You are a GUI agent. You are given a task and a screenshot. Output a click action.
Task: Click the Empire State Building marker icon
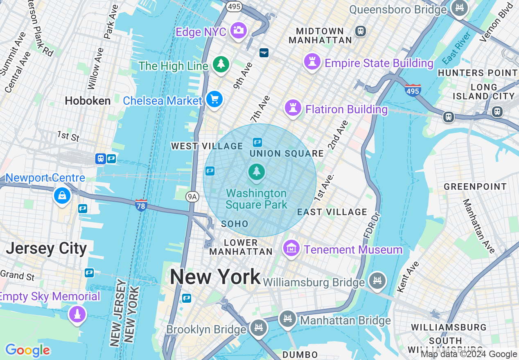pyautogui.click(x=312, y=62)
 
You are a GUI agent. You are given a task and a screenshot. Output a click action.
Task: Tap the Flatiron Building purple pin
pyautogui.click(x=293, y=108)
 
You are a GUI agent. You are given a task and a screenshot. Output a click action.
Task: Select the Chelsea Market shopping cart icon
pyautogui.click(x=214, y=99)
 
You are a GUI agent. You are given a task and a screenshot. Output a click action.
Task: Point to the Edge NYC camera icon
pyautogui.click(x=238, y=30)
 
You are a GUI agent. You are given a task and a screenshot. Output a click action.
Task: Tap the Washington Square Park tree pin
pyautogui.click(x=257, y=171)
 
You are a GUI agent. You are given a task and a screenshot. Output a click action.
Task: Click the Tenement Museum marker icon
pyautogui.click(x=291, y=248)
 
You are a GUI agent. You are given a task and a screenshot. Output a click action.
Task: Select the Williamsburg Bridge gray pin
pyautogui.click(x=377, y=281)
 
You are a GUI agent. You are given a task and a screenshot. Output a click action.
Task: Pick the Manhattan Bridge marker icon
pyautogui.click(x=287, y=319)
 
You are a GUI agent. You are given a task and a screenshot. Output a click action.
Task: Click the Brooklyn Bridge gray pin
pyautogui.click(x=259, y=328)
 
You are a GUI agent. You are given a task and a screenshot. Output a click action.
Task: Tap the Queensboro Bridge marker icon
pyautogui.click(x=459, y=7)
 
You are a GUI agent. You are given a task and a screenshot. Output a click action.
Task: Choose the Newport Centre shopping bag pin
pyautogui.click(x=62, y=196)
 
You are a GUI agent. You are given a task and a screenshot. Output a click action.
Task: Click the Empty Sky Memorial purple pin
pyautogui.click(x=77, y=314)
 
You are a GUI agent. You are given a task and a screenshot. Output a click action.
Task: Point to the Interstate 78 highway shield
pyautogui.click(x=141, y=205)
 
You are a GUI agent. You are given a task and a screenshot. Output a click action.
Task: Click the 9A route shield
pyautogui.click(x=192, y=197)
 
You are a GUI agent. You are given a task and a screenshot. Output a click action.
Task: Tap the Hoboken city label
pyautogui.click(x=88, y=101)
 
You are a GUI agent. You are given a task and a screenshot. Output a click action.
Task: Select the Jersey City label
pyautogui.click(x=46, y=248)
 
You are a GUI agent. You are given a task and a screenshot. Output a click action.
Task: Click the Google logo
pyautogui.click(x=27, y=350)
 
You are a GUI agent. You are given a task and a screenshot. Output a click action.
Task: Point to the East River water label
pyautogui.click(x=456, y=48)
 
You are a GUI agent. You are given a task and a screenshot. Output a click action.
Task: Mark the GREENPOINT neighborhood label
pyautogui.click(x=475, y=187)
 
